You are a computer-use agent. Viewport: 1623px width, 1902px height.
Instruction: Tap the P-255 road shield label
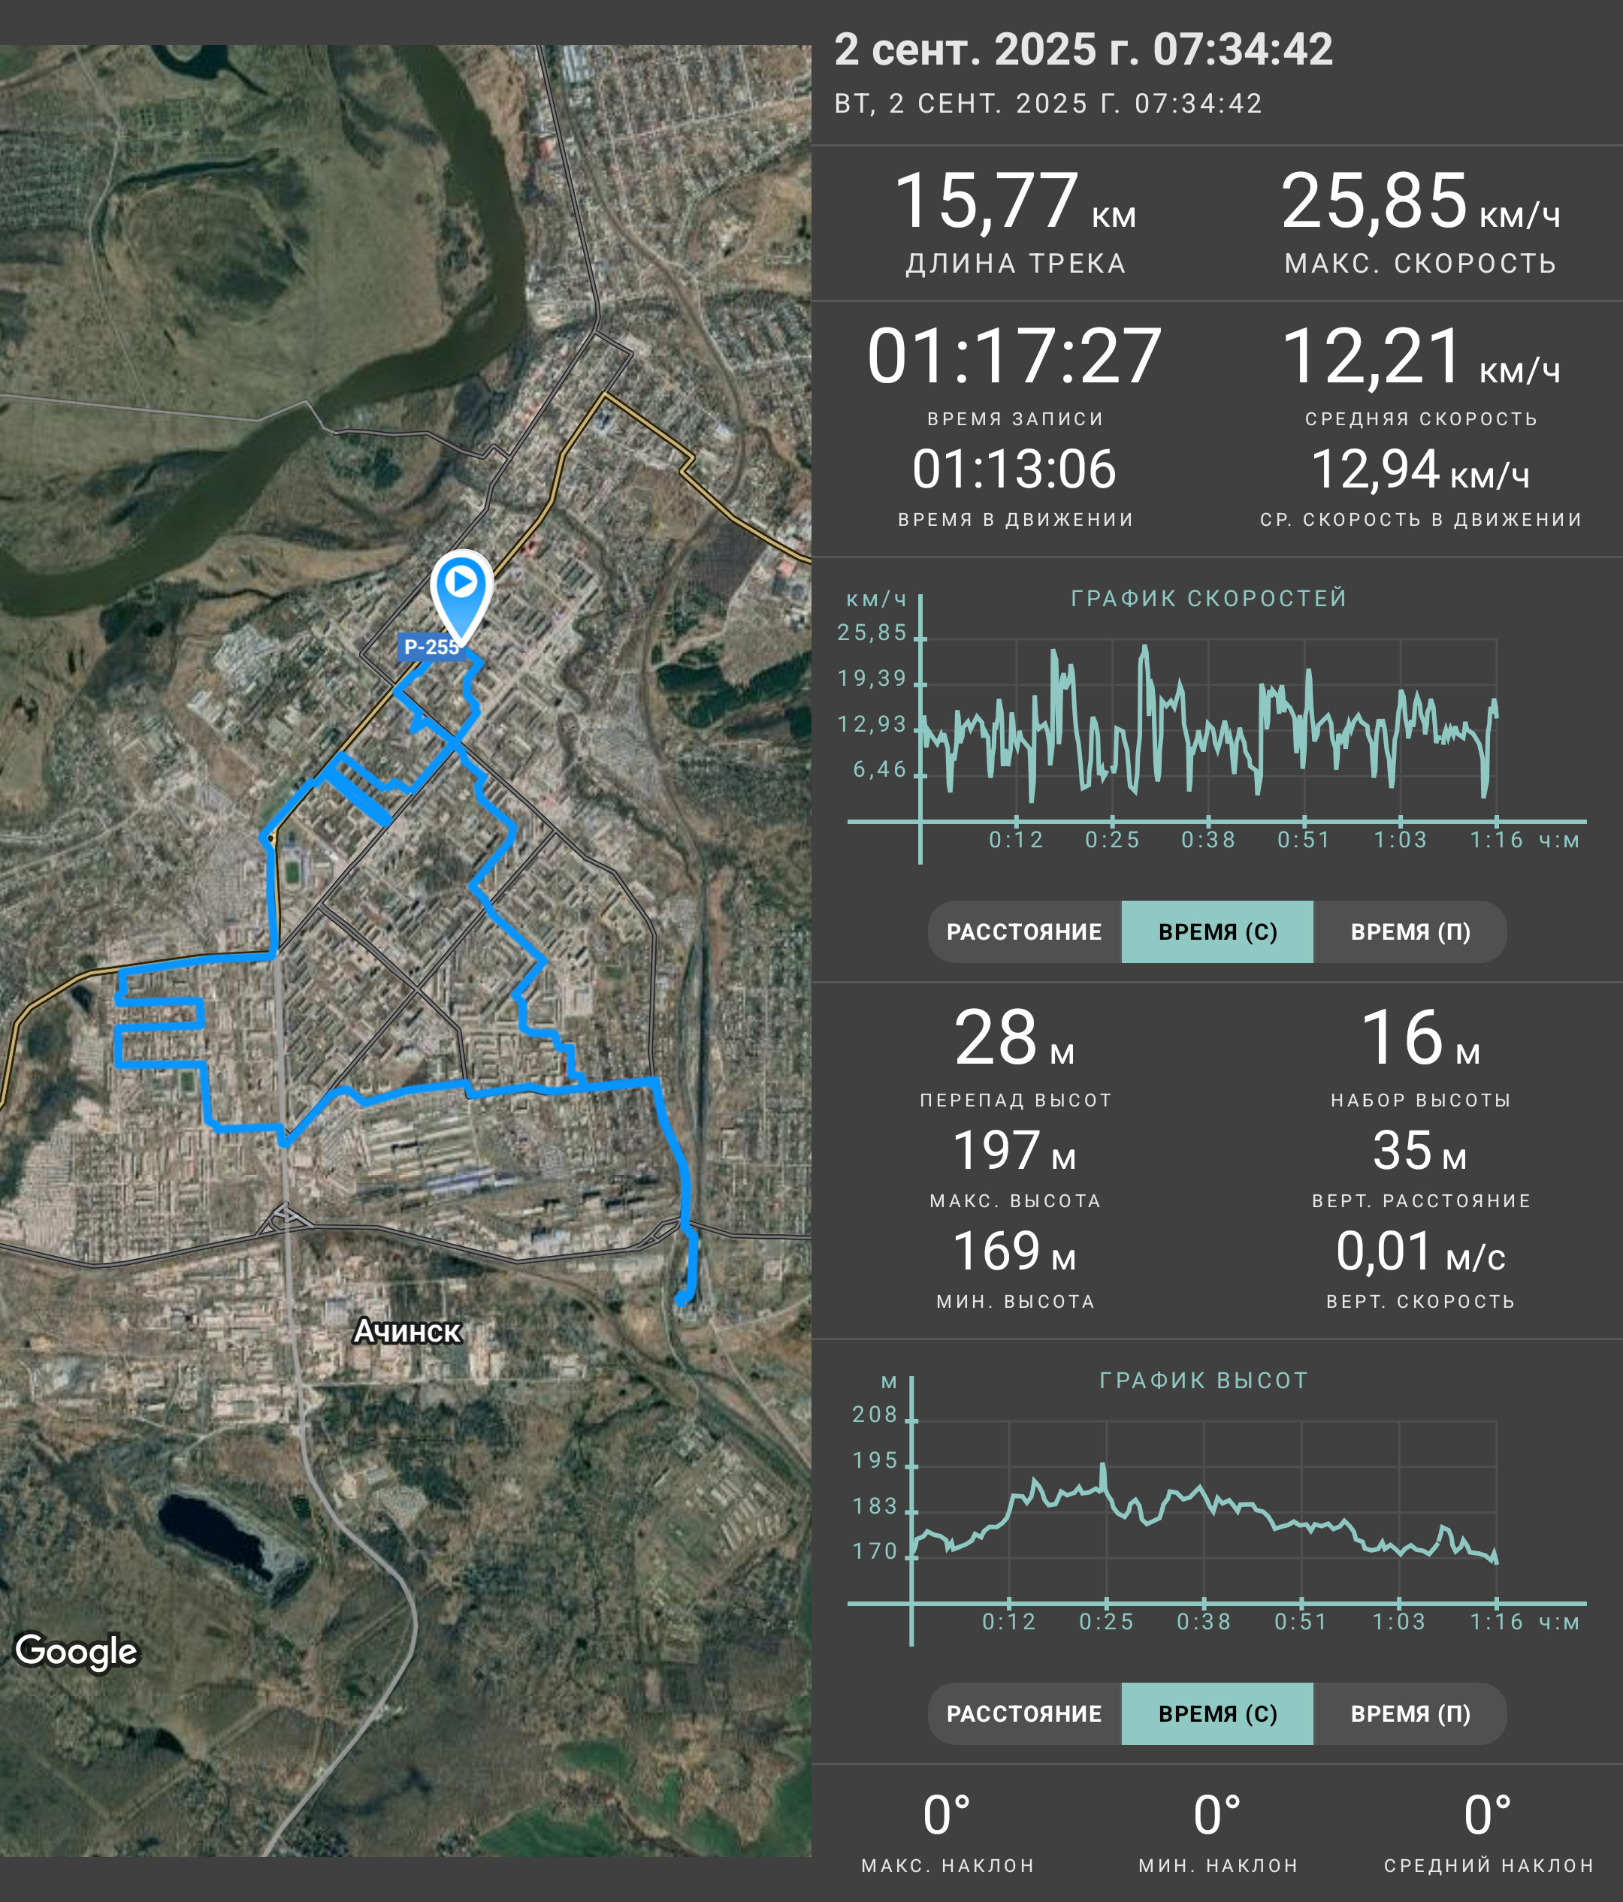tap(431, 646)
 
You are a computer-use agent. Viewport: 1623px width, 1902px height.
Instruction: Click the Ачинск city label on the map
tap(407, 1331)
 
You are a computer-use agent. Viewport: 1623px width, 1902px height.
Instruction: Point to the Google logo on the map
tap(76, 1650)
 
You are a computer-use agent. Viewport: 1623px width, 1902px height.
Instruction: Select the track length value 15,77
tap(986, 201)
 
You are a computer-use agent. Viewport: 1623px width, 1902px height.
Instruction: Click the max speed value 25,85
tap(1374, 201)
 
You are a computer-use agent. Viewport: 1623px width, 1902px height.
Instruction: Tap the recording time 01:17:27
tap(1014, 356)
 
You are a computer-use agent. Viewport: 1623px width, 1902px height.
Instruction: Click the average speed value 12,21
tap(1371, 356)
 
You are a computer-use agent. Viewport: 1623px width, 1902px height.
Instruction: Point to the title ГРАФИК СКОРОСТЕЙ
tap(1209, 599)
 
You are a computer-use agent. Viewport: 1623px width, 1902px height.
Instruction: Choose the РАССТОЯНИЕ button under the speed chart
tap(1024, 931)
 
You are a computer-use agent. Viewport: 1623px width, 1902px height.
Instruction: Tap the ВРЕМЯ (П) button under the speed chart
tap(1410, 931)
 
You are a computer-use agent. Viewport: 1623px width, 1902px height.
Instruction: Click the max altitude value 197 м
tap(1014, 1150)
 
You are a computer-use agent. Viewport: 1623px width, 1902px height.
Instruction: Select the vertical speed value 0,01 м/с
tap(1420, 1251)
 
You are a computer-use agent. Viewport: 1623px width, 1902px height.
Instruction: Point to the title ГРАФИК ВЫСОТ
tap(1204, 1381)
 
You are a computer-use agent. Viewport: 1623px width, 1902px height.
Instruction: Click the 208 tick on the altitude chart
tap(875, 1414)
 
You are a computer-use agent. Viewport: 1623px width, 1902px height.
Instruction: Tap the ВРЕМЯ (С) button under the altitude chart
tap(1217, 1713)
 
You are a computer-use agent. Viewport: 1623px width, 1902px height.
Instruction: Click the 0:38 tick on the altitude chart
tap(1204, 1622)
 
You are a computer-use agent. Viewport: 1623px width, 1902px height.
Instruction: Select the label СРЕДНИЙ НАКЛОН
tap(1488, 1866)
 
